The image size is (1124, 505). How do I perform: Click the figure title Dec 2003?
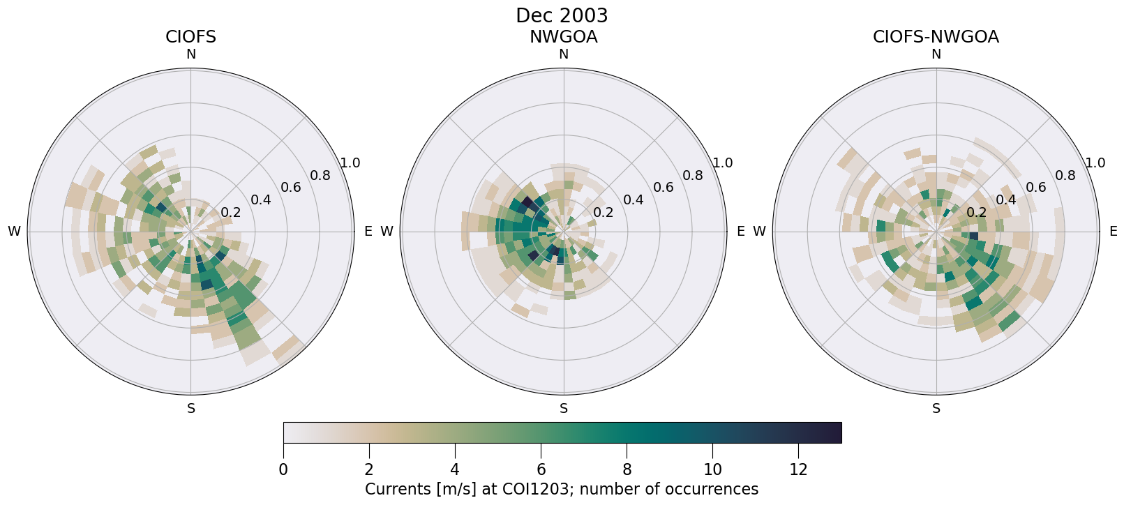562,15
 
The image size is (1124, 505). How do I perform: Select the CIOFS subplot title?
190,37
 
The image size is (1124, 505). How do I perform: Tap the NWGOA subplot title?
563,37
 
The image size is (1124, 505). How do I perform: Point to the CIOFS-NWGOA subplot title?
936,37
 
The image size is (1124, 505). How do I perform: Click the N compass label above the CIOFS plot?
190,54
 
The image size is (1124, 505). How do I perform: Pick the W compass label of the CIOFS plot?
14,232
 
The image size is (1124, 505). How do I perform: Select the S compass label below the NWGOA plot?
564,409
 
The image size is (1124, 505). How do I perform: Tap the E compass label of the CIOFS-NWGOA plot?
1114,232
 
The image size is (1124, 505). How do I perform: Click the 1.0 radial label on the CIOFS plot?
350,163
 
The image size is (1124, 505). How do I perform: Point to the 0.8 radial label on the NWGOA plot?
693,175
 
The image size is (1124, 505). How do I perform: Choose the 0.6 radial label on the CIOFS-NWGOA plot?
1036,187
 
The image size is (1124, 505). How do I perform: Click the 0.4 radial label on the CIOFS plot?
261,200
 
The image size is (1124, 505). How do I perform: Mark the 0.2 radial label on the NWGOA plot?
604,212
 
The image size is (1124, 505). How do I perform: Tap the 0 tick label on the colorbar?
283,470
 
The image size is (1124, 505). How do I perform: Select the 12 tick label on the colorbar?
798,470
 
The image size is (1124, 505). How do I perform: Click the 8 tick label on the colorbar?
627,470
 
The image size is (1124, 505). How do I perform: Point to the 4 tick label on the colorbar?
455,470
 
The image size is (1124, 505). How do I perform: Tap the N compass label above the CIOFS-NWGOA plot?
936,54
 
